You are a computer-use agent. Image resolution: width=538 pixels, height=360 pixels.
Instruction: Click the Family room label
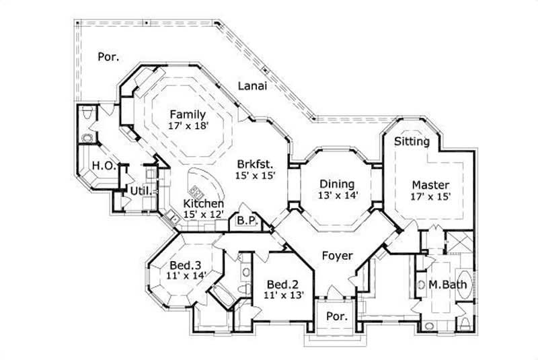(x=187, y=114)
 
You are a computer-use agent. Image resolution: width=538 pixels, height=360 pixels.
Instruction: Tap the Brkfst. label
(x=255, y=164)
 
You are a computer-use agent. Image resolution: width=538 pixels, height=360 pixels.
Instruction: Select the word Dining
(x=336, y=184)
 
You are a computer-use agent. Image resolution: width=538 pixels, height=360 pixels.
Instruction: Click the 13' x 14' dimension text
(x=338, y=195)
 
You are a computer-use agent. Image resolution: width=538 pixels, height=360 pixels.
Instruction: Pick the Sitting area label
(x=412, y=141)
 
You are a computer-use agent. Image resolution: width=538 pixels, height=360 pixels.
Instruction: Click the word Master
(x=430, y=185)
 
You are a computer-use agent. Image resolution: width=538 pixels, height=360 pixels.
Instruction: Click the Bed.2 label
(x=282, y=283)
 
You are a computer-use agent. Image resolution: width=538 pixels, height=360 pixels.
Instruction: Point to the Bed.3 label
(x=183, y=264)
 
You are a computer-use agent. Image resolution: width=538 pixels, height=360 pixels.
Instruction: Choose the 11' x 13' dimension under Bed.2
(x=282, y=295)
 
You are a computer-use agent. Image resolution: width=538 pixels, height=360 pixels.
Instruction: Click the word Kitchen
(x=203, y=204)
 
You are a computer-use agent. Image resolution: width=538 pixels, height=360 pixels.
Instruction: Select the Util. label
(x=139, y=191)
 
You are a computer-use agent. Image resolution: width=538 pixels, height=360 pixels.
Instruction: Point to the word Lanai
(x=252, y=85)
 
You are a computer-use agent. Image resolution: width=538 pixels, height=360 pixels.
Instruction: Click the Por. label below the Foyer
(x=336, y=316)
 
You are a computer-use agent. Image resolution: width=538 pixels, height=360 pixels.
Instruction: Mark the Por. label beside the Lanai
(x=108, y=57)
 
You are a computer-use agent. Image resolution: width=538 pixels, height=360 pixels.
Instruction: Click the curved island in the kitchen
(x=201, y=182)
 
